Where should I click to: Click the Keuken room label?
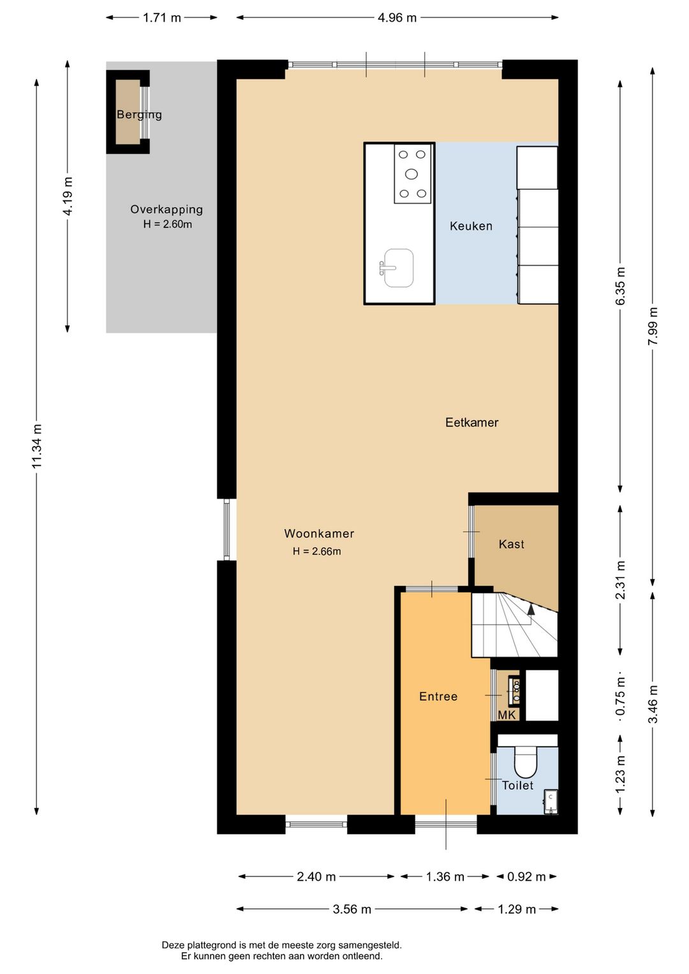pyautogui.click(x=471, y=226)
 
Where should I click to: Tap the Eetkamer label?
pyautogui.click(x=471, y=422)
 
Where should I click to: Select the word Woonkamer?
pyautogui.click(x=319, y=534)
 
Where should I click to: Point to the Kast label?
pyautogui.click(x=511, y=544)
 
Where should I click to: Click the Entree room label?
pyautogui.click(x=438, y=696)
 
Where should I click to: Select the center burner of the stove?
pyautogui.click(x=411, y=174)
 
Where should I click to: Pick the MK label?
pyautogui.click(x=507, y=715)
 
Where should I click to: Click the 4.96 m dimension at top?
pyautogui.click(x=397, y=18)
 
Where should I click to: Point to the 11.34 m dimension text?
pyautogui.click(x=38, y=446)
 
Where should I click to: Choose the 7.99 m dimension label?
pyautogui.click(x=653, y=326)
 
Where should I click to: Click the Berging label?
pyautogui.click(x=139, y=115)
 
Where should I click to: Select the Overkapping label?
pyautogui.click(x=167, y=209)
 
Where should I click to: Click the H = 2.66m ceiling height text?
pyautogui.click(x=316, y=551)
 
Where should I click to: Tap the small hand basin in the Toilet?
pyautogui.click(x=551, y=801)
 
